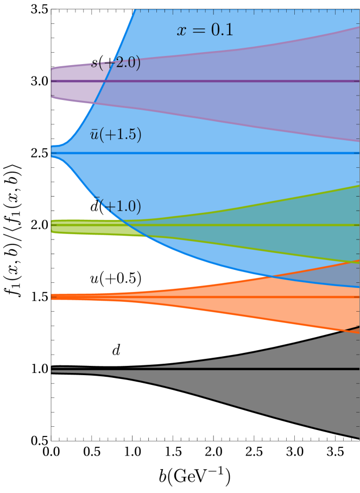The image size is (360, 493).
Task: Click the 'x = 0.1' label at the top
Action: [x=205, y=30]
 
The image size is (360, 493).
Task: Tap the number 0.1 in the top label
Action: [x=222, y=30]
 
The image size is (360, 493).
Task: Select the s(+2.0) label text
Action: [x=116, y=63]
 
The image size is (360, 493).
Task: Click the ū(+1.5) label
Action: [x=116, y=135]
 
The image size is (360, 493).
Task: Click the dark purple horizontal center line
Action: [x=217, y=81]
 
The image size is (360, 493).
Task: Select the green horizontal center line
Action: [x=244, y=224]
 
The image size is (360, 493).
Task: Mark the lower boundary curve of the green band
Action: [x=244, y=247]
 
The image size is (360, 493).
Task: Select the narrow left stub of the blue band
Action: [x=54, y=151]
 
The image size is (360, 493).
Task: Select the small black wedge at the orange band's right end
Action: [x=353, y=328]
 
